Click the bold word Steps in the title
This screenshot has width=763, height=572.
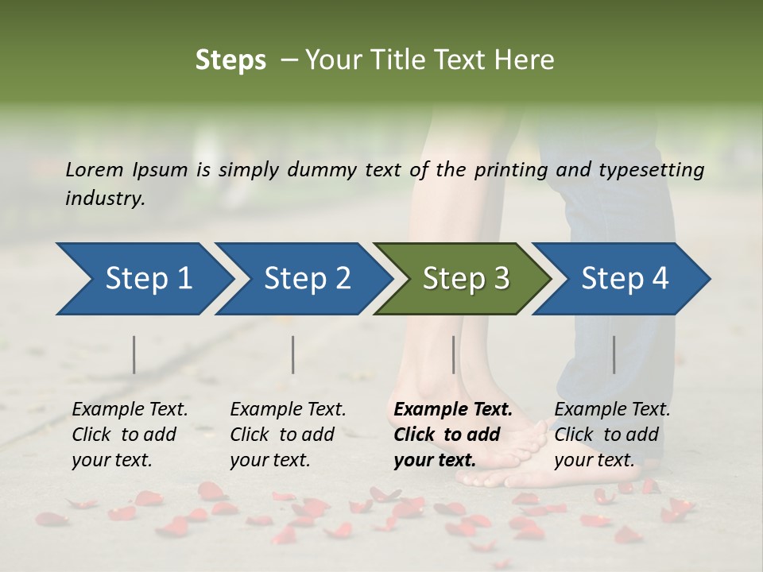230,60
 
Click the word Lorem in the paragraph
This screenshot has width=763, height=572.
95,169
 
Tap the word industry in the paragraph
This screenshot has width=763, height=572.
104,199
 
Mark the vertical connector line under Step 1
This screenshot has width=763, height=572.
134,354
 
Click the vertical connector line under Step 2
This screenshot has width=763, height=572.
293,354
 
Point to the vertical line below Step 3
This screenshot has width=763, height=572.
453,354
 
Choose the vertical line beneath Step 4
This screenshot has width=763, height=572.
614,354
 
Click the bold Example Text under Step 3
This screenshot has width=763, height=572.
453,410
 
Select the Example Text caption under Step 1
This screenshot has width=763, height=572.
130,410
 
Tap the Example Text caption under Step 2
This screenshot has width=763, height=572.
288,410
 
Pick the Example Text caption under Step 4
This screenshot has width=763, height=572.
612,410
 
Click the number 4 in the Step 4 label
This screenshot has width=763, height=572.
659,279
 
